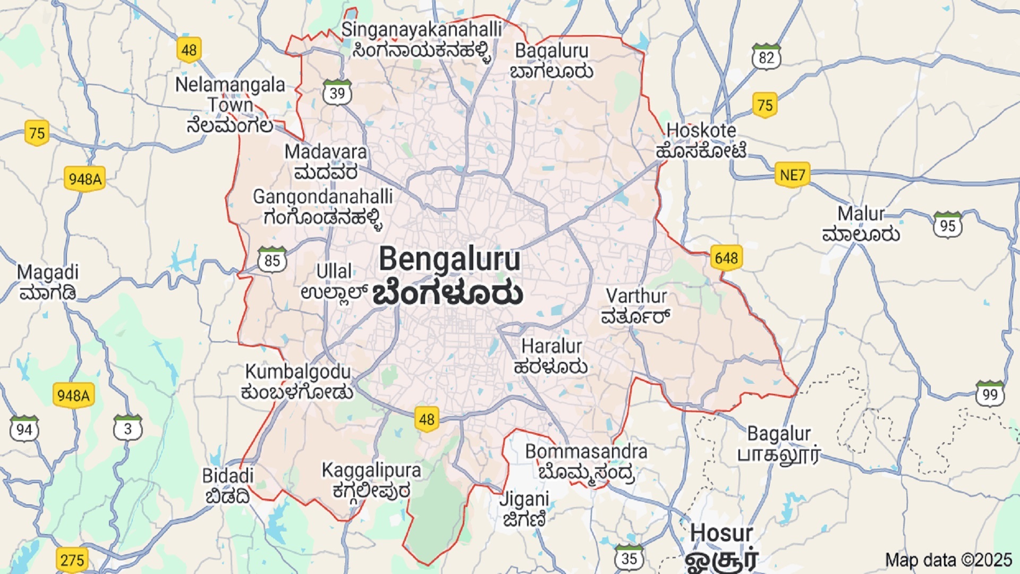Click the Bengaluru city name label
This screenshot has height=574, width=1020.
(449, 260)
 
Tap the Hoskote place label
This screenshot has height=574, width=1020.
(701, 131)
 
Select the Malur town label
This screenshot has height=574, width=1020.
(861, 214)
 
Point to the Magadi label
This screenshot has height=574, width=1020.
(48, 273)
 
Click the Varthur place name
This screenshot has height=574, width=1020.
(636, 297)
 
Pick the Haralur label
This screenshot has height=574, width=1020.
(551, 347)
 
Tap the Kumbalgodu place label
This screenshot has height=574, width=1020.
(297, 372)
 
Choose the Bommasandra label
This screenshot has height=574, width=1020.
(586, 452)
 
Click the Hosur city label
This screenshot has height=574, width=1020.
(721, 533)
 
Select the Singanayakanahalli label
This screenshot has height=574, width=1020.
(421, 30)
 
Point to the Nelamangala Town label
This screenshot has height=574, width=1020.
(230, 95)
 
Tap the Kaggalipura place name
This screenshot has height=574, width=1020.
(371, 470)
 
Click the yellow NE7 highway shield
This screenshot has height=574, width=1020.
(792, 175)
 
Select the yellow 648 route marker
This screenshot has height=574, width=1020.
(726, 258)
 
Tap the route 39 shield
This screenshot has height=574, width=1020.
(337, 93)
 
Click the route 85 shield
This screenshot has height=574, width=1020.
(272, 260)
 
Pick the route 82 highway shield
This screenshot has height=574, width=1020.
(766, 57)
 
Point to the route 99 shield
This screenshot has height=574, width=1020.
(990, 394)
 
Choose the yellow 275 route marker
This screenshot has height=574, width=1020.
(72, 560)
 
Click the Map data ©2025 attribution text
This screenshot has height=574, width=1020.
(948, 560)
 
